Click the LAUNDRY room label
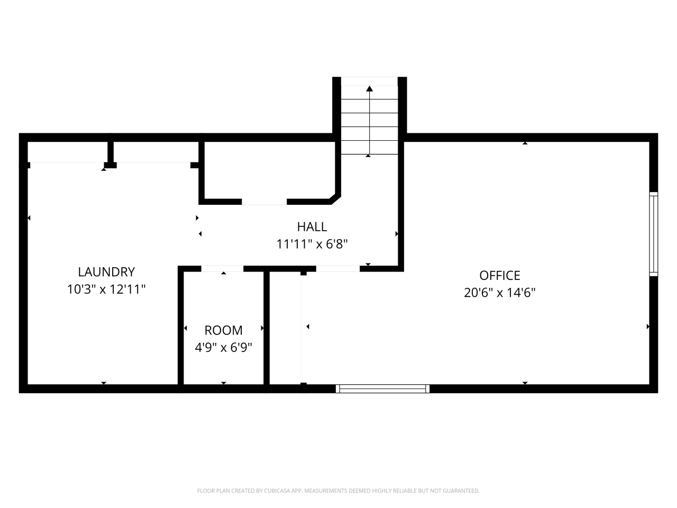pos(106,272)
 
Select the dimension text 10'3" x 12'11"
pos(106,289)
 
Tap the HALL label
pos(312,226)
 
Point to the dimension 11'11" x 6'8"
pos(312,244)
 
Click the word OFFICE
pos(499,275)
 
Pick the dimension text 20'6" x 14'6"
pos(499,293)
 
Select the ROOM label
pos(223,330)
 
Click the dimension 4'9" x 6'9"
pos(223,348)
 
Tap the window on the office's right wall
pos(654,234)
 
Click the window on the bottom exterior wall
pos(382,389)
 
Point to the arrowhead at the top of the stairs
pos(369,89)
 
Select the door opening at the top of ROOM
pos(222,269)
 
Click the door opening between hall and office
pos(337,269)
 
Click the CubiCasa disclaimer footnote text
pos(338,491)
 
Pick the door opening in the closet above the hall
pos(264,202)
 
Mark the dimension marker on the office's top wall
pos(525,143)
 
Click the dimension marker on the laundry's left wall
pos(29,218)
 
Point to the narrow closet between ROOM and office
pos(285,328)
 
